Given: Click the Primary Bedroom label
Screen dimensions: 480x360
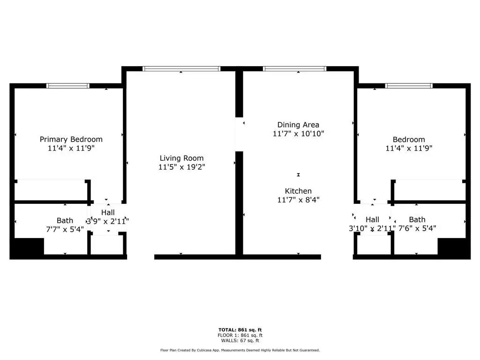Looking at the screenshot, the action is [71, 140].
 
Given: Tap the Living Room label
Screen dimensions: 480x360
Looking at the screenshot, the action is [181, 158].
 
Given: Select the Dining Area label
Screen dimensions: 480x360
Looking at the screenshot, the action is [298, 125].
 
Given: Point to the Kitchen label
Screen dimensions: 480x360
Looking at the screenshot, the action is [298, 191].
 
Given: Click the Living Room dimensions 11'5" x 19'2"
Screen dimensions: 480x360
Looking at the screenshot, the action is [181, 167].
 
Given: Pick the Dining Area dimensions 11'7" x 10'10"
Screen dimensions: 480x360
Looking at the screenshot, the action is [298, 134].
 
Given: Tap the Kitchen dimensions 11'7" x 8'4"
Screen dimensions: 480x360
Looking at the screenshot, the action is [298, 200].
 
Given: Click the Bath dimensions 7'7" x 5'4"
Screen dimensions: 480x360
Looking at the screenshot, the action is [65, 229].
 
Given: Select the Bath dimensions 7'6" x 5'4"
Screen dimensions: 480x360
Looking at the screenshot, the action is [417, 228].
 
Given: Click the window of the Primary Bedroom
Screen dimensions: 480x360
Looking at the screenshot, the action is [68, 86].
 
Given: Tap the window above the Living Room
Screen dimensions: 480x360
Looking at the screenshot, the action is [181, 68].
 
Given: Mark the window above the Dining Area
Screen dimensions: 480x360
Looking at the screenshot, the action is [294, 68].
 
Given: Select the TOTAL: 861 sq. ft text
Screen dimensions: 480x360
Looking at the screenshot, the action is [240, 330].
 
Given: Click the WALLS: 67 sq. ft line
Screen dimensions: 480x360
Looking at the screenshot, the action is [240, 340].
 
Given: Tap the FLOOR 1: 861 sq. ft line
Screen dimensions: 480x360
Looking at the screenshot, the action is [240, 335].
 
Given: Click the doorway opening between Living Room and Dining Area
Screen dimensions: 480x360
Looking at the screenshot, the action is [239, 134].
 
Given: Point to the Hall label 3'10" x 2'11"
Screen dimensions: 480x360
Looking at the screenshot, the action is [372, 224].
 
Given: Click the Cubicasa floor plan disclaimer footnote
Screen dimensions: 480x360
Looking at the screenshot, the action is [240, 350].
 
